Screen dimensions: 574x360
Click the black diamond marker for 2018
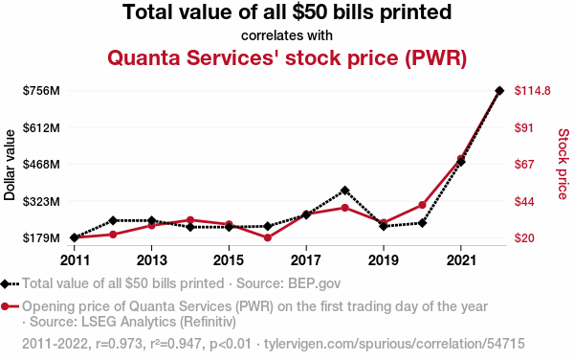click(x=344, y=191)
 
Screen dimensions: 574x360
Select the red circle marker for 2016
click(x=268, y=237)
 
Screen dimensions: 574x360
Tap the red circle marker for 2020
click(x=422, y=205)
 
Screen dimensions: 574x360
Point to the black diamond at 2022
click(x=499, y=90)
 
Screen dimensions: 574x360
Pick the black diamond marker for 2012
click(x=113, y=220)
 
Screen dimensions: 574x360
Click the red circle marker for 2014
click(x=190, y=220)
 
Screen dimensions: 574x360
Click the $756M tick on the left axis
click(x=41, y=90)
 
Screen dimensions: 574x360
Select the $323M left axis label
click(x=41, y=201)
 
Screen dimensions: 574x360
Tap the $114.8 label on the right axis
click(x=532, y=90)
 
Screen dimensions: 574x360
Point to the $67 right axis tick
click(x=524, y=164)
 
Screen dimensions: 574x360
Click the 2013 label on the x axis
click(x=151, y=260)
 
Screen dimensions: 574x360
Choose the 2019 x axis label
click(x=384, y=260)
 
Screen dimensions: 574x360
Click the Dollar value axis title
click(x=10, y=165)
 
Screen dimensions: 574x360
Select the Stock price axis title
click(x=563, y=164)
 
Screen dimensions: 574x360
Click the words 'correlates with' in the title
click(x=287, y=35)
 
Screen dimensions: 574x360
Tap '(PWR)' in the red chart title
click(x=436, y=57)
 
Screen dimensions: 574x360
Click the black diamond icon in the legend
click(x=5, y=283)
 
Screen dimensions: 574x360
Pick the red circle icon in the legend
click(x=5, y=306)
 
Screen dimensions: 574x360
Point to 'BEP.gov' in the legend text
click(x=315, y=283)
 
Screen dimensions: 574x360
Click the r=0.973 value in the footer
click(x=119, y=344)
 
